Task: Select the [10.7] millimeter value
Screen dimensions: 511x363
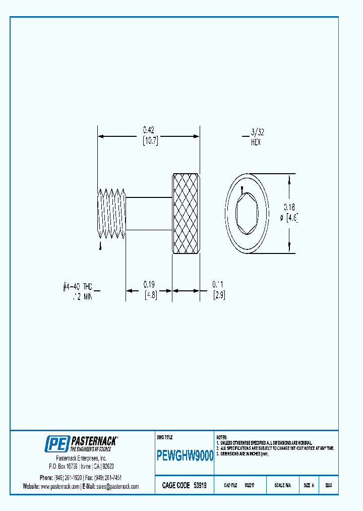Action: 150,141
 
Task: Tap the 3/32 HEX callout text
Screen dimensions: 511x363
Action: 257,137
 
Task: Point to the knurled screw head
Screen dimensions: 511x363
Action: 187,213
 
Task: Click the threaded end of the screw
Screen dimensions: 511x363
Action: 110,213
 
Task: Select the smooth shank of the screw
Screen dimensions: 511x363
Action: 148,213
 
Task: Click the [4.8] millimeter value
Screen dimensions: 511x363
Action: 150,295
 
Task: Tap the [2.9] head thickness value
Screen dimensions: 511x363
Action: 219,295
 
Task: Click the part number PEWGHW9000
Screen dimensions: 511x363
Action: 185,456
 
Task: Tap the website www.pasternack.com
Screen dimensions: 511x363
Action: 59,486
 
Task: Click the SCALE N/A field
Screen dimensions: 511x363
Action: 282,485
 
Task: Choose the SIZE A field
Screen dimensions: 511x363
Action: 309,485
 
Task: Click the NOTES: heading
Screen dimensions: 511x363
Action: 222,437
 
